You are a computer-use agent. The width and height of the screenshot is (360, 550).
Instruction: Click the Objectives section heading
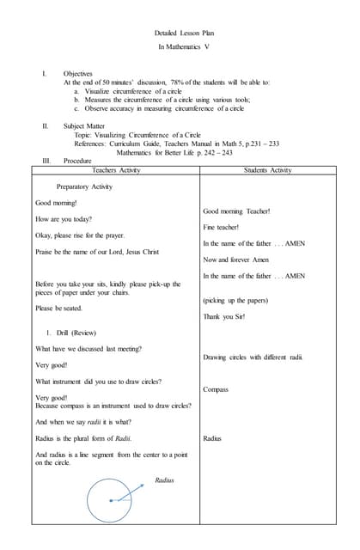pos(78,74)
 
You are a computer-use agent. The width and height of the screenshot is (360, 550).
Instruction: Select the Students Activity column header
pos(267,171)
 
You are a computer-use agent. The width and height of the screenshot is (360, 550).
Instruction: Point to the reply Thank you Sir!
pos(223,317)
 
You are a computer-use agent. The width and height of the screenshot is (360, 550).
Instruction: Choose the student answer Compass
pos(216,389)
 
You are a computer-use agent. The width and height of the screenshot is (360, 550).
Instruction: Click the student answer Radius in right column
pos(212,438)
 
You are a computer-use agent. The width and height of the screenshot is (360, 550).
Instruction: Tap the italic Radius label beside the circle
pos(164,480)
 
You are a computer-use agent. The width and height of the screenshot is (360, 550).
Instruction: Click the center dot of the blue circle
pos(111,501)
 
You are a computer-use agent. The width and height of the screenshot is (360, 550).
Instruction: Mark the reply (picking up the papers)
pos(235,301)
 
